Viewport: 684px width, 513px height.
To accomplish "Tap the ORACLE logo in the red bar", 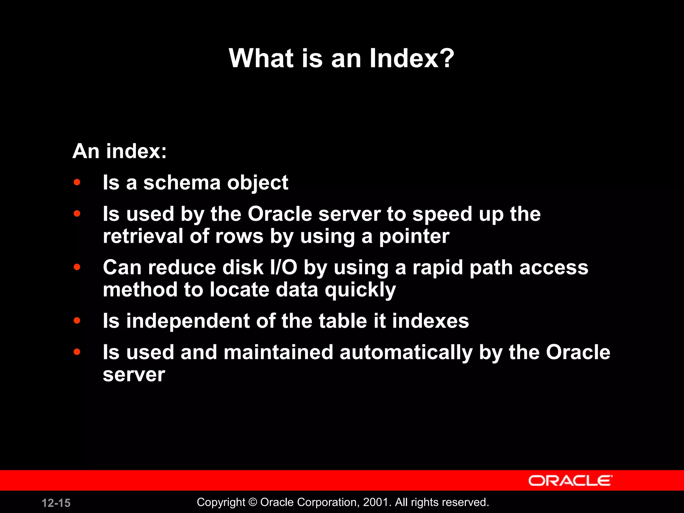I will click(x=570, y=481).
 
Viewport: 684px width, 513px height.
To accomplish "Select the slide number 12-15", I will click(x=56, y=503).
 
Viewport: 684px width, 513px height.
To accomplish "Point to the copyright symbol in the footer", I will click(x=253, y=502).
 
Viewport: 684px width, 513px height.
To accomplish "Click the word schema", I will click(x=182, y=183).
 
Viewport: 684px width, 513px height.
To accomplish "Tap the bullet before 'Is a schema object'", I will click(x=77, y=182).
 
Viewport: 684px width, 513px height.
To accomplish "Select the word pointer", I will click(x=414, y=236).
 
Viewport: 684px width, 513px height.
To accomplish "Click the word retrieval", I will click(x=143, y=236).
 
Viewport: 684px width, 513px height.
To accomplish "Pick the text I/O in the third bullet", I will click(x=284, y=268).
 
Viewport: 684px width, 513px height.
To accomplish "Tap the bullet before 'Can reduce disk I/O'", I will click(x=77, y=267).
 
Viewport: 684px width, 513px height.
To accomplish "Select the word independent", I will click(x=188, y=321).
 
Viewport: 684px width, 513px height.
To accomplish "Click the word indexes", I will click(x=431, y=321).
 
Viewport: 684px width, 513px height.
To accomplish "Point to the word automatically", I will click(x=406, y=353).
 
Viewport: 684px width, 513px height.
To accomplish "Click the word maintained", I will click(x=279, y=352).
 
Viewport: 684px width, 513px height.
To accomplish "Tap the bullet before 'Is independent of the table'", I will click(x=77, y=321).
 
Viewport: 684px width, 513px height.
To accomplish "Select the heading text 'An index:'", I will click(x=120, y=151).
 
